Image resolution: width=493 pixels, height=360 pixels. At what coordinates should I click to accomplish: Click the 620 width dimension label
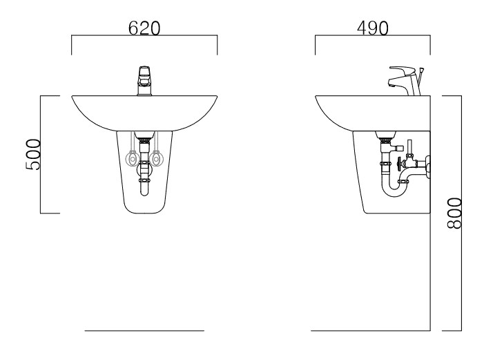(144, 28)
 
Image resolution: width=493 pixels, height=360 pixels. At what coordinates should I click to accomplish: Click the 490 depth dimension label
(373, 28)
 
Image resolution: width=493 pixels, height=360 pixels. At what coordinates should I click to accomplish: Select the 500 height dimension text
(33, 155)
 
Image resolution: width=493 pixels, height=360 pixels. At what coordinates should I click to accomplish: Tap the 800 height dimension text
(454, 213)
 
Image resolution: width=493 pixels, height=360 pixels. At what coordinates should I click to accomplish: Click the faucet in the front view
(144, 81)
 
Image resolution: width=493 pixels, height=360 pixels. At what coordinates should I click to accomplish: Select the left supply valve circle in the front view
(132, 158)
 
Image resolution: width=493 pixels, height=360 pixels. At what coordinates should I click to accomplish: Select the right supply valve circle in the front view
(156, 158)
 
